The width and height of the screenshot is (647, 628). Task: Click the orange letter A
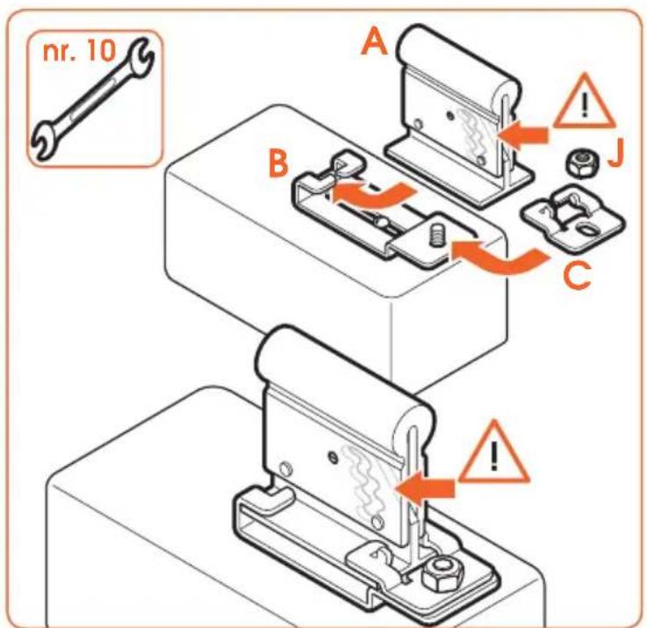point(375,44)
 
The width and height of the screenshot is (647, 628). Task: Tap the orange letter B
point(278,164)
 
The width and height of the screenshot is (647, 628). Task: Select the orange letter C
point(577,276)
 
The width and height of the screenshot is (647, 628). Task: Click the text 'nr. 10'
point(79,51)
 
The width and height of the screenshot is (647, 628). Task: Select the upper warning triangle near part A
point(584,102)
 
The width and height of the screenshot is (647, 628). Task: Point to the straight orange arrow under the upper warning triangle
point(524,135)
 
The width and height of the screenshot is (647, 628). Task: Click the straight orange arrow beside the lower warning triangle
point(425,487)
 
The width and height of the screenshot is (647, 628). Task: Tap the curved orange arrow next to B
point(372,194)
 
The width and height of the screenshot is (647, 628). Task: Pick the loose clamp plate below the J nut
point(574,220)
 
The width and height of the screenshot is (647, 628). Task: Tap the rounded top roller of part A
point(457,65)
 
